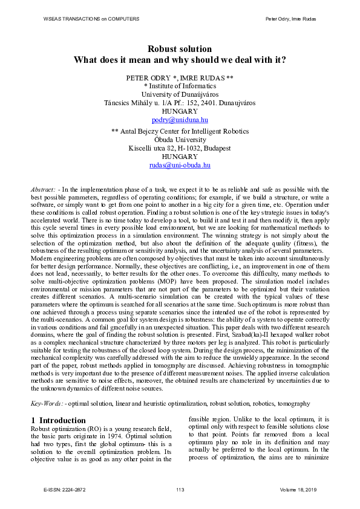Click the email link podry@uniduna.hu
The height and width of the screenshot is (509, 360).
point(180,120)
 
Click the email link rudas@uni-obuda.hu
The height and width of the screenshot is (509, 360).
point(180,164)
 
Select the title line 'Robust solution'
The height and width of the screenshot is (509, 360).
point(180,49)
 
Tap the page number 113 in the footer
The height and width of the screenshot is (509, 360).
point(180,489)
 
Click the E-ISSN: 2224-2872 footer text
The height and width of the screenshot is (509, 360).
point(65,489)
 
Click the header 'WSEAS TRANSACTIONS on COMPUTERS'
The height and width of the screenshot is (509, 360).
point(91,19)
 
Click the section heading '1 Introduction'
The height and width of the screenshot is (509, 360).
point(58,420)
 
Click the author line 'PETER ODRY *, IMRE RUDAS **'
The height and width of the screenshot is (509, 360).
point(180,78)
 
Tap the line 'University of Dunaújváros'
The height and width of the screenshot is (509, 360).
point(180,94)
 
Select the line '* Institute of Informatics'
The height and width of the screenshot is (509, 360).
point(180,86)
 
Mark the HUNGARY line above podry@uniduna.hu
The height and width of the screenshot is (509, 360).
point(180,112)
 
